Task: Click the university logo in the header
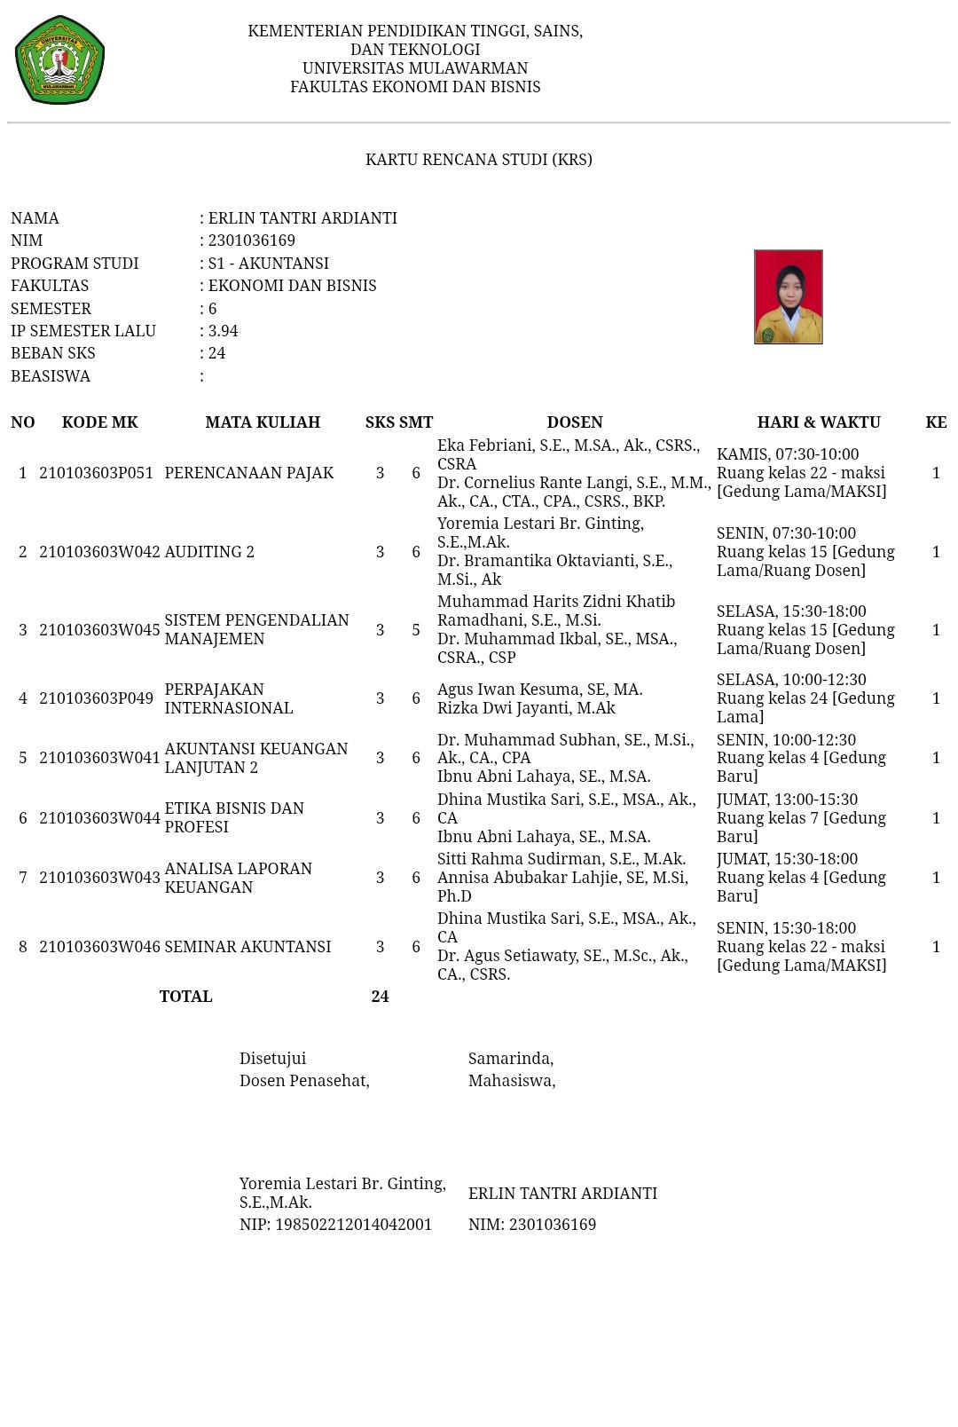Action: pyautogui.click(x=59, y=59)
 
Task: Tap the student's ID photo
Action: pyautogui.click(x=788, y=296)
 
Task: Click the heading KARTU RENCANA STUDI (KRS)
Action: pyautogui.click(x=478, y=160)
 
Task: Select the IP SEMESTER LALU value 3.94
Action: pyautogui.click(x=223, y=331)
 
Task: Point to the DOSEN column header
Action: pyautogui.click(x=574, y=422)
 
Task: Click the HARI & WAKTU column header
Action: pyautogui.click(x=818, y=422)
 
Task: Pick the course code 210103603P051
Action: pyautogui.click(x=99, y=473)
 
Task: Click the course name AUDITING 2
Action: pyautogui.click(x=209, y=552)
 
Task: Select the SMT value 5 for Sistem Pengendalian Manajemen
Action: pyautogui.click(x=415, y=630)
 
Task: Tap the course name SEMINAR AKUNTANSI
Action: pyautogui.click(x=247, y=947)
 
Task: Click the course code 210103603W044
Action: pyautogui.click(x=99, y=818)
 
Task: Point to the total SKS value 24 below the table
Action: pyautogui.click(x=380, y=997)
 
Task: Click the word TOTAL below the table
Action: pyautogui.click(x=185, y=997)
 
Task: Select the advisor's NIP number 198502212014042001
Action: pyautogui.click(x=353, y=1225)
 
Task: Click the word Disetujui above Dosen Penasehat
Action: pyautogui.click(x=272, y=1059)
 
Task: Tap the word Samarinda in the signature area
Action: pyautogui.click(x=510, y=1059)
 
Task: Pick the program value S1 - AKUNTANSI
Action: pyautogui.click(x=268, y=264)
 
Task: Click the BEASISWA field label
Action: pyautogui.click(x=51, y=376)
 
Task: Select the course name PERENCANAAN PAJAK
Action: pyautogui.click(x=249, y=473)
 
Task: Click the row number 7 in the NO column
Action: pyautogui.click(x=23, y=878)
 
